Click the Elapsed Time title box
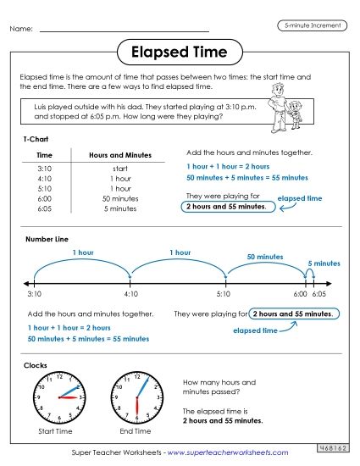[180, 53]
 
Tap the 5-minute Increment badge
[310, 25]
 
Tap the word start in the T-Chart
[120, 169]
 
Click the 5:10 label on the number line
[223, 293]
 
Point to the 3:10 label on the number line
[34, 293]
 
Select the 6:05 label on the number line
[319, 293]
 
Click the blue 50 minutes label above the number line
[264, 256]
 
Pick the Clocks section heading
[36, 364]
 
